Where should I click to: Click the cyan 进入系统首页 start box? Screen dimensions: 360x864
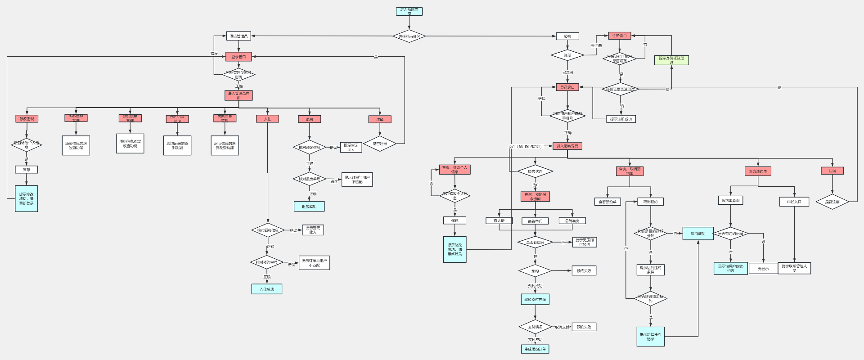(409, 11)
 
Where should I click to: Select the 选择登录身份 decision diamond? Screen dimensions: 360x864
(409, 36)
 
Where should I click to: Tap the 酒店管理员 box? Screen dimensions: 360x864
(238, 36)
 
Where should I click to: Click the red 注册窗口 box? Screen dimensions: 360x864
(619, 36)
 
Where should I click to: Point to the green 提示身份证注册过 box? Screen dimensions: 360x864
(671, 60)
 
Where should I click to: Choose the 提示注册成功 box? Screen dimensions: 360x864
(621, 119)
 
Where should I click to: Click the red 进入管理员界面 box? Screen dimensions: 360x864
(238, 95)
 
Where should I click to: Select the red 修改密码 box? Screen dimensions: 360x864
(27, 119)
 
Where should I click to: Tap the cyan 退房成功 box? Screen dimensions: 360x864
(309, 207)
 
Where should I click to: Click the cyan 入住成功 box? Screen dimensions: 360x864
(267, 289)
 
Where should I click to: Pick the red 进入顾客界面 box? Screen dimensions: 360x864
(567, 146)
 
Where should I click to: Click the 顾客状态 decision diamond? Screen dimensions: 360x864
(535, 171)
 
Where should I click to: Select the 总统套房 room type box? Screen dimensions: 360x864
(572, 221)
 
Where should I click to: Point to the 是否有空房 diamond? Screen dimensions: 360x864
(535, 243)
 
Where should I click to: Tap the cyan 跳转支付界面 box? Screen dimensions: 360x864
(535, 299)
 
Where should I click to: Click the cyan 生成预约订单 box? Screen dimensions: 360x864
(535, 349)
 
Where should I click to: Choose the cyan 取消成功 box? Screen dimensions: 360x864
(698, 234)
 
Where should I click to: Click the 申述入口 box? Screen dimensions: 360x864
(794, 202)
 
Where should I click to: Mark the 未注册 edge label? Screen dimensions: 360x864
(596, 46)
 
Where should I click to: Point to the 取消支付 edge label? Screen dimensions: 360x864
(562, 327)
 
